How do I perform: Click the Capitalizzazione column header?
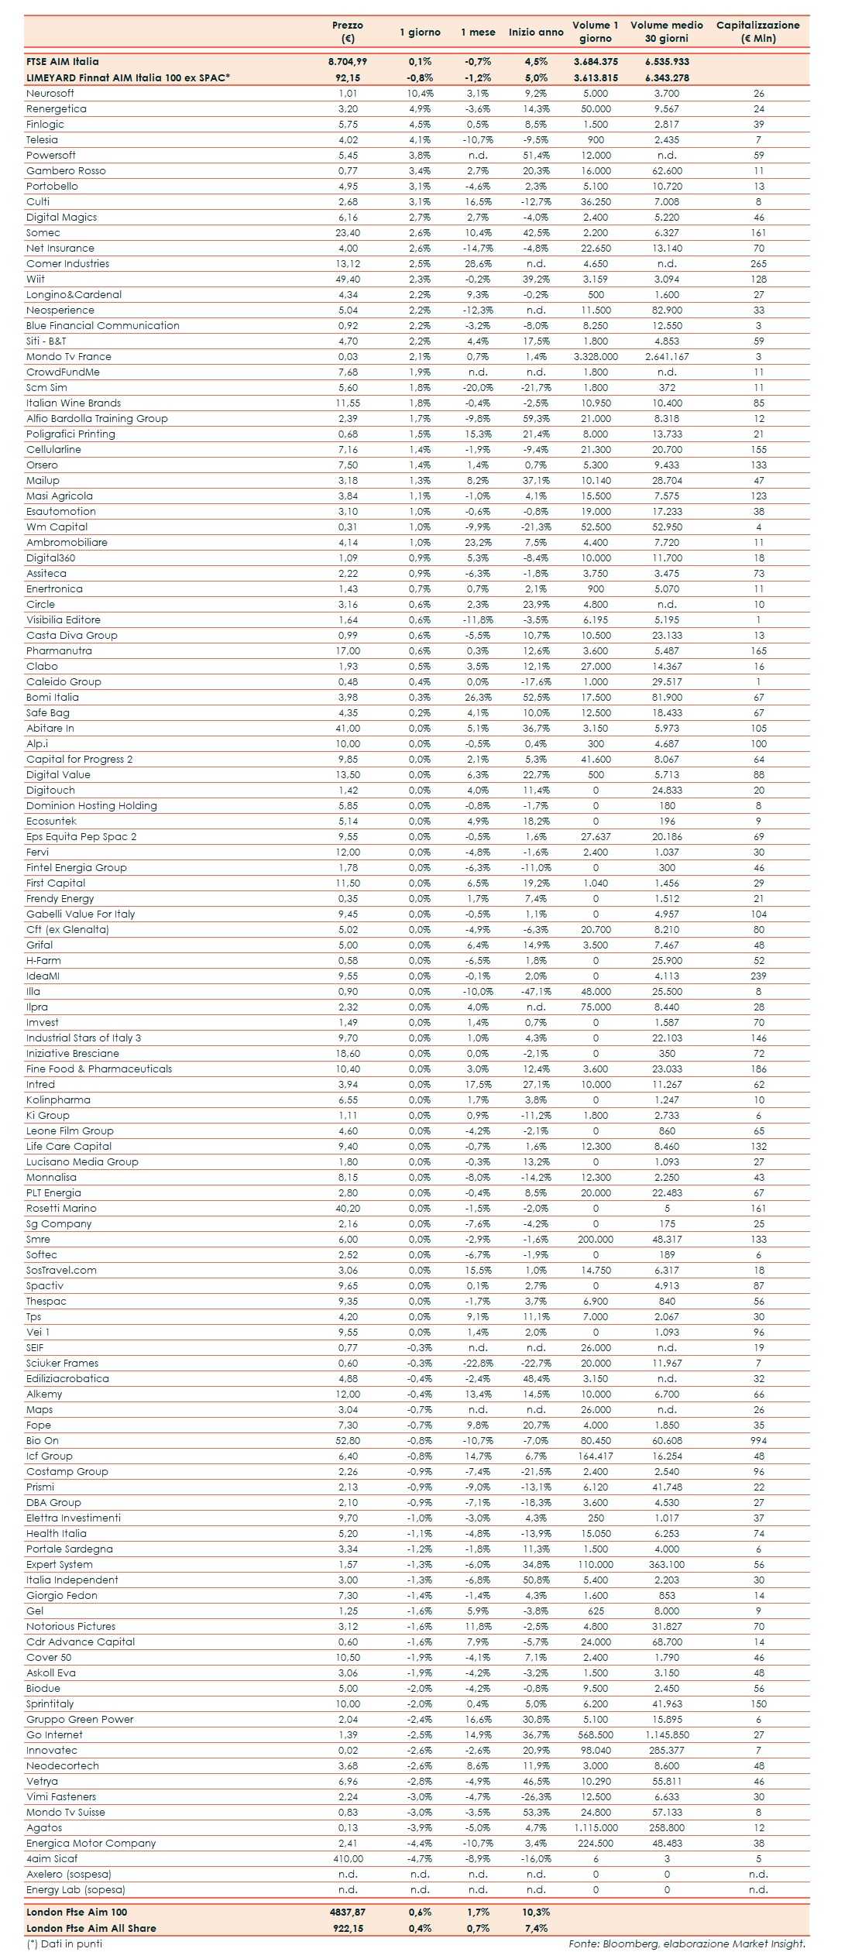click(757, 32)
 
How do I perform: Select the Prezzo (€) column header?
click(348, 32)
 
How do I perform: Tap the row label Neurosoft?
click(50, 93)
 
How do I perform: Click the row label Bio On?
click(43, 1440)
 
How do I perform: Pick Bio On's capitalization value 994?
click(758, 1440)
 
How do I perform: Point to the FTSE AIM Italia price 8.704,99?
click(348, 61)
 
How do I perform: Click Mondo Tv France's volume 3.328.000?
click(596, 356)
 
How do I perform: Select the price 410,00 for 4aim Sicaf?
click(348, 1858)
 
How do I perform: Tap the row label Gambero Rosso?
click(66, 170)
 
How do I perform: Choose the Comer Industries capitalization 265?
click(758, 263)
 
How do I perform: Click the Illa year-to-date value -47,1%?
click(536, 991)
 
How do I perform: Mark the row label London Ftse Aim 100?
click(77, 1912)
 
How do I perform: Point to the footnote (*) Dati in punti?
click(64, 1943)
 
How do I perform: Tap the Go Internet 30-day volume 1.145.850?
click(667, 1734)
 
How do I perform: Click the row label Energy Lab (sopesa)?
click(76, 1889)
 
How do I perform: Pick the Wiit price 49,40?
click(348, 279)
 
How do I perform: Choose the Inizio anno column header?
click(536, 33)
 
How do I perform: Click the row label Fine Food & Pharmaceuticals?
click(99, 1069)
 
